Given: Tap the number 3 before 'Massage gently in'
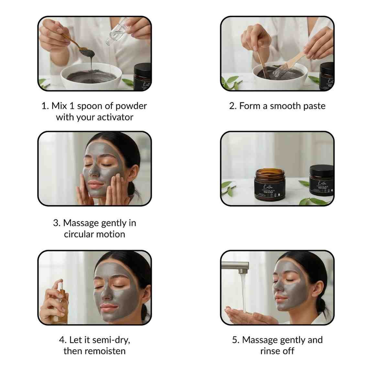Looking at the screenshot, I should pyautogui.click(x=56, y=223).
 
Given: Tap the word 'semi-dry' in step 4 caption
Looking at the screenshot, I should pyautogui.click(x=111, y=340).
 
